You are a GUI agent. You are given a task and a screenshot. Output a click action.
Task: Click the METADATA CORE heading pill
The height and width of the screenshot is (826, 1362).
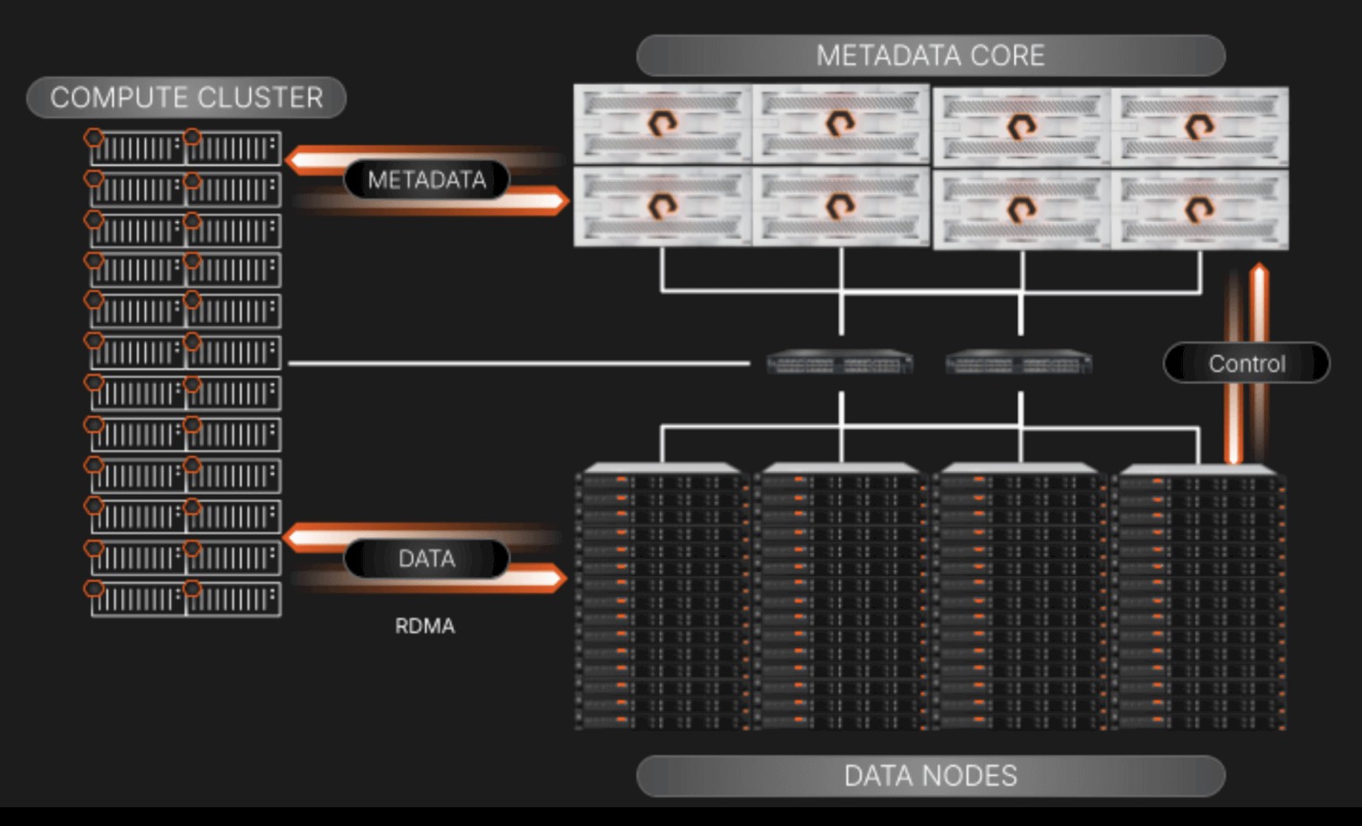(930, 55)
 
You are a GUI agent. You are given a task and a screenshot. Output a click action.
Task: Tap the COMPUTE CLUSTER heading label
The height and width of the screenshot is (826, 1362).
(186, 98)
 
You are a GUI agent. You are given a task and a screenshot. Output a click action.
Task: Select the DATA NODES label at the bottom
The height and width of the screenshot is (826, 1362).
(930, 776)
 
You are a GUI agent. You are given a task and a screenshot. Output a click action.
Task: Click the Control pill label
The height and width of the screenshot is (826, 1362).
(1246, 363)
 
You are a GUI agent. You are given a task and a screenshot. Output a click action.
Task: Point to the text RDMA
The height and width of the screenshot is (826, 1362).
(424, 626)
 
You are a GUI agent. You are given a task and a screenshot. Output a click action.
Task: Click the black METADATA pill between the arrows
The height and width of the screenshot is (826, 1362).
(426, 180)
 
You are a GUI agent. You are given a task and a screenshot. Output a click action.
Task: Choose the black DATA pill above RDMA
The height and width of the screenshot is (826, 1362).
(426, 558)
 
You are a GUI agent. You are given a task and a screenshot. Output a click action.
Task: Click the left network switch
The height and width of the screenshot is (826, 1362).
(840, 362)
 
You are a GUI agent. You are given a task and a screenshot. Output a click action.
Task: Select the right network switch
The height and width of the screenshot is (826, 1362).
(1019, 362)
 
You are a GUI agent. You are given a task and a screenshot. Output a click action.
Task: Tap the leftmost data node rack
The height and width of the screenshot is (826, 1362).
(662, 596)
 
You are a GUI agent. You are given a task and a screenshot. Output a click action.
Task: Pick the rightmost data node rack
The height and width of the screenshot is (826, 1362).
(1199, 596)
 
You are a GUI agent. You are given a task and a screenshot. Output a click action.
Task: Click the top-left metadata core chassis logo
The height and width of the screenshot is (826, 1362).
(663, 123)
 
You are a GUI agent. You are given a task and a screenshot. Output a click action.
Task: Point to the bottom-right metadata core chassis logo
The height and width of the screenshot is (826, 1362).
(1200, 209)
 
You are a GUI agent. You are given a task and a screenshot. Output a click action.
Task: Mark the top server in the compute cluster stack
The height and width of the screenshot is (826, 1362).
(185, 148)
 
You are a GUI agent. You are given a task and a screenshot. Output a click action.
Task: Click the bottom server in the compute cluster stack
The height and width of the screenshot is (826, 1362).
(185, 599)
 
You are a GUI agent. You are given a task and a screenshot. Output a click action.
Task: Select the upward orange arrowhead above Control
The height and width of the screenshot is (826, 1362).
(1259, 271)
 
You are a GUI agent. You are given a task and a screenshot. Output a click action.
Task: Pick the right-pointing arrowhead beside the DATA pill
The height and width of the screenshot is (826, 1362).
(557, 578)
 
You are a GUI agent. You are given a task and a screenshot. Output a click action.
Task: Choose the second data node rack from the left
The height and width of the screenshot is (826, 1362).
(841, 596)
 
